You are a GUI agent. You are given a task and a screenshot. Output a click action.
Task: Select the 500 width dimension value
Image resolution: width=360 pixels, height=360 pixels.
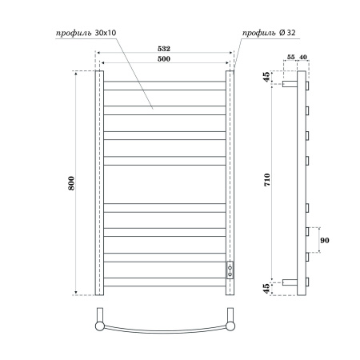[164, 60]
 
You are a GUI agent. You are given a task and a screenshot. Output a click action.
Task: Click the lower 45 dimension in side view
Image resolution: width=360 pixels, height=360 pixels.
[266, 286]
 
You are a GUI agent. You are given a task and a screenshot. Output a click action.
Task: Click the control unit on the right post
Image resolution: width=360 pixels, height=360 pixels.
[230, 269]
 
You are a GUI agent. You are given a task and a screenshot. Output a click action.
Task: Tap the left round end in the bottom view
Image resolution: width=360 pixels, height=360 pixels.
[99, 326]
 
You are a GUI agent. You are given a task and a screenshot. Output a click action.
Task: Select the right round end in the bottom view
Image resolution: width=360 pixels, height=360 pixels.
[230, 326]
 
